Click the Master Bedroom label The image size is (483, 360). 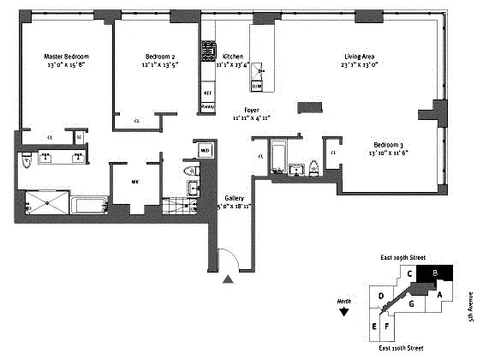coord(66,57)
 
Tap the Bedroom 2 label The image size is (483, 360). coord(157,57)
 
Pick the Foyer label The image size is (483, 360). coord(252,110)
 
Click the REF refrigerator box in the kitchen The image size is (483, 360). coord(207,91)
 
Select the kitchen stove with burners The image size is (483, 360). coord(207,57)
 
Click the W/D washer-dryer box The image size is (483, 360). coord(206,152)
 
